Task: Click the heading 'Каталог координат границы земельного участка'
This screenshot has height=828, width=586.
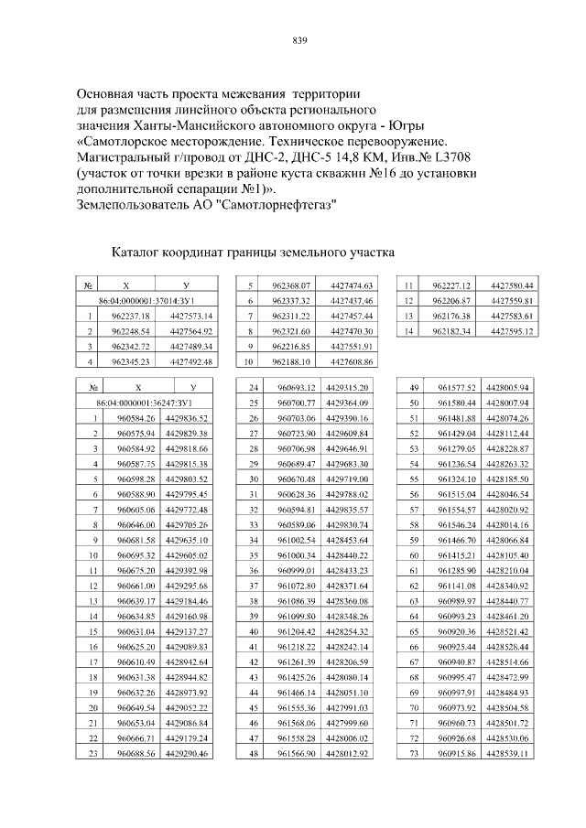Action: tap(252, 250)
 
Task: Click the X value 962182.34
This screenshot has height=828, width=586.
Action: tap(450, 331)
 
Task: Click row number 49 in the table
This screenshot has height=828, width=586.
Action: tap(414, 387)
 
